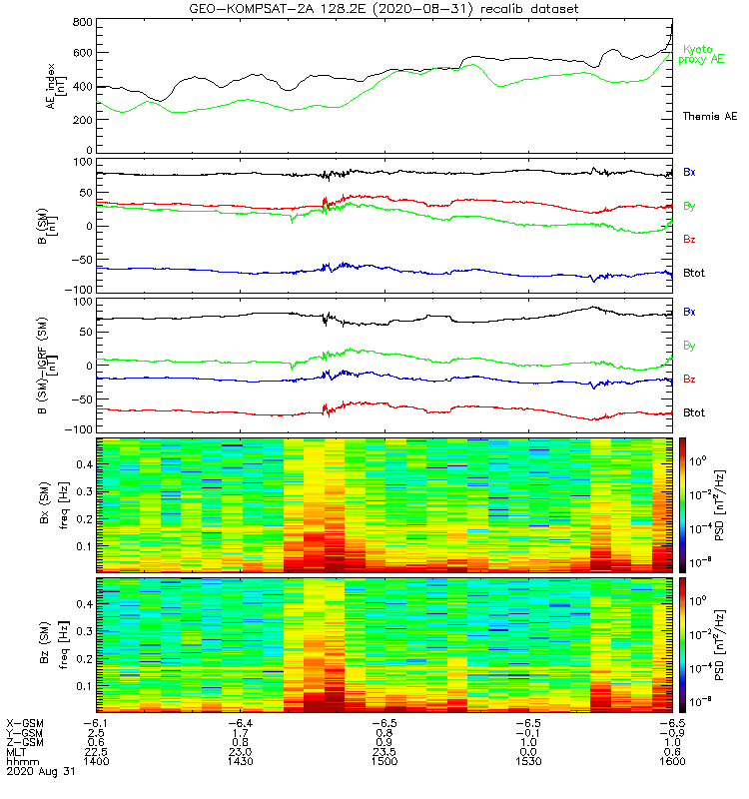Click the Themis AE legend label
(x=709, y=117)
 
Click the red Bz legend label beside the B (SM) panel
(x=689, y=240)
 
